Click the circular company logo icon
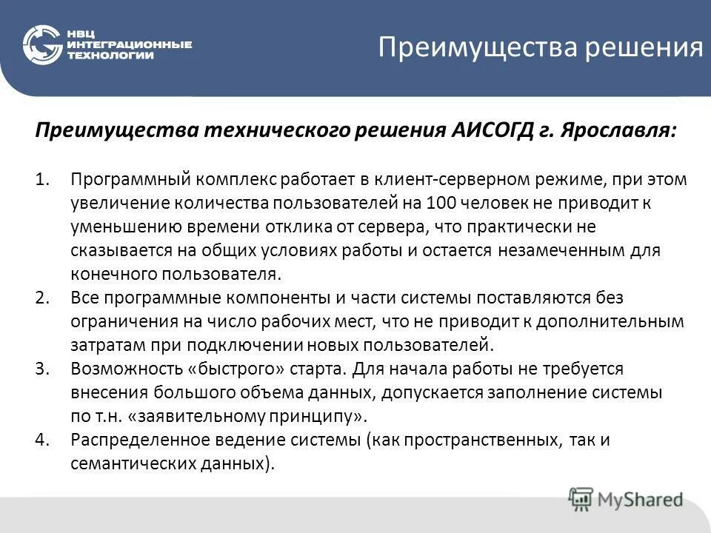[43, 45]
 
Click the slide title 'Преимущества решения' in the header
[540, 48]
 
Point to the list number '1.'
[42, 180]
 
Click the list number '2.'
[42, 298]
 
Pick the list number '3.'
[42, 368]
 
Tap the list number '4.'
[42, 439]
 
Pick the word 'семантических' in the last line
[132, 463]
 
